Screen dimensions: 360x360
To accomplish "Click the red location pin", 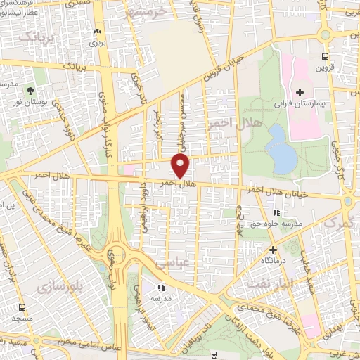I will tap(181, 167).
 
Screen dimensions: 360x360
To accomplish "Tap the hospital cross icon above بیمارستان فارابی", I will tap(300, 92).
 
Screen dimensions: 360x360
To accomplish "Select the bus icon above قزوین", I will tap(324, 56).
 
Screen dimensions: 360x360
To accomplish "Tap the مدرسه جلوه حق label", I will tap(278, 224).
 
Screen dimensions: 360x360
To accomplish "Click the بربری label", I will tap(96, 42).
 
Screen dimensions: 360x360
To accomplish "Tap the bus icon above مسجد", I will tap(22, 307).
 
